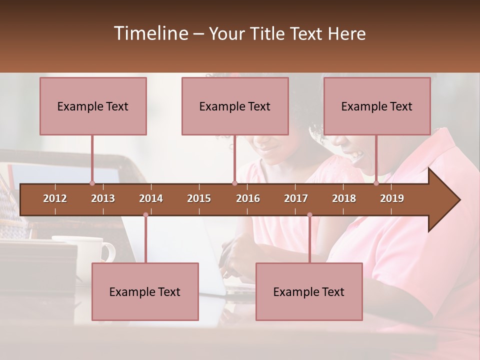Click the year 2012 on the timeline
(x=55, y=198)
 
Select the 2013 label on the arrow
(x=103, y=198)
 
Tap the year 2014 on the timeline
(x=151, y=198)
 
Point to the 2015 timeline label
(x=199, y=198)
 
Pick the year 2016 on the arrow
(x=248, y=198)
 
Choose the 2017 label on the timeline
(x=296, y=198)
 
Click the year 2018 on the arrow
(x=344, y=198)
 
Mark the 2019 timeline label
(x=392, y=198)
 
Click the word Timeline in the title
(x=150, y=33)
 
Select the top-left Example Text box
(x=93, y=106)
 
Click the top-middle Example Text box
(x=235, y=106)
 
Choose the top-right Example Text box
(x=377, y=106)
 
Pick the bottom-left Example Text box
(x=145, y=291)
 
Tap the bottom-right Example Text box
(x=309, y=291)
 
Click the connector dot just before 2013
(x=92, y=183)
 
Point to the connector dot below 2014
(x=145, y=215)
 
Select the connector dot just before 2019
(x=376, y=183)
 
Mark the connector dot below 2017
(x=309, y=215)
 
